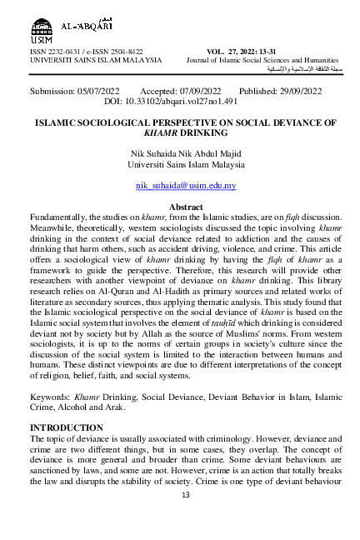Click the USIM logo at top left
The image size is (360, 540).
point(42,24)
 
